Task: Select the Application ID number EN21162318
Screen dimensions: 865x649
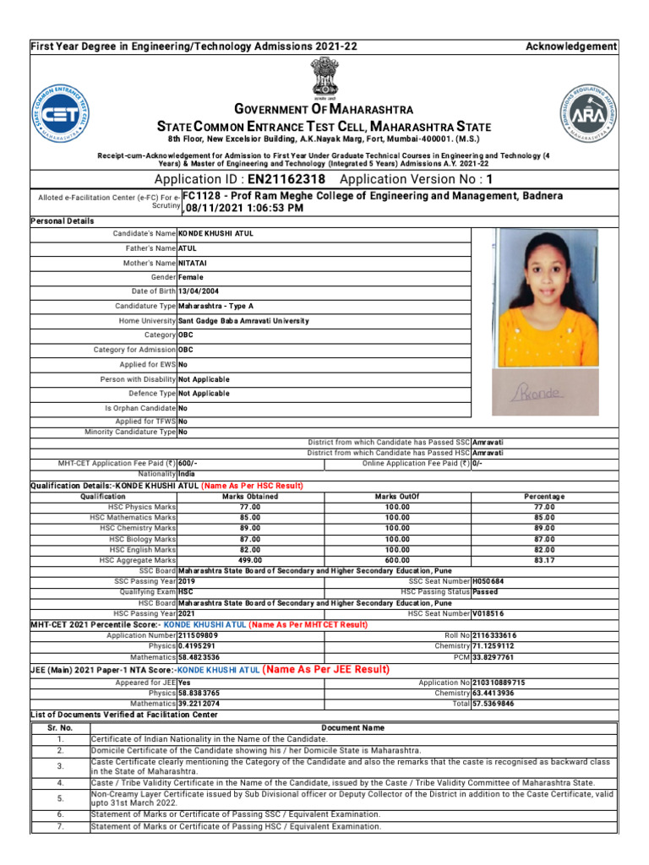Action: click(x=286, y=180)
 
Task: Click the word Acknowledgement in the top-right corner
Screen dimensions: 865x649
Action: click(x=571, y=46)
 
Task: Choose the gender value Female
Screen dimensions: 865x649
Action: click(x=191, y=277)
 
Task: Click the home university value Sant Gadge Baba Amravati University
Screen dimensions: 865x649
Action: click(x=243, y=321)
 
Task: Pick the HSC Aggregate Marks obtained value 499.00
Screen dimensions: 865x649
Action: click(x=250, y=560)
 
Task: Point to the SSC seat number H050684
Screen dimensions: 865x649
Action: click(x=488, y=581)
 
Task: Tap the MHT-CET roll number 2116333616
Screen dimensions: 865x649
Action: click(x=494, y=635)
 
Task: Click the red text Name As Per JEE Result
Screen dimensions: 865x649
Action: click(x=326, y=670)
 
